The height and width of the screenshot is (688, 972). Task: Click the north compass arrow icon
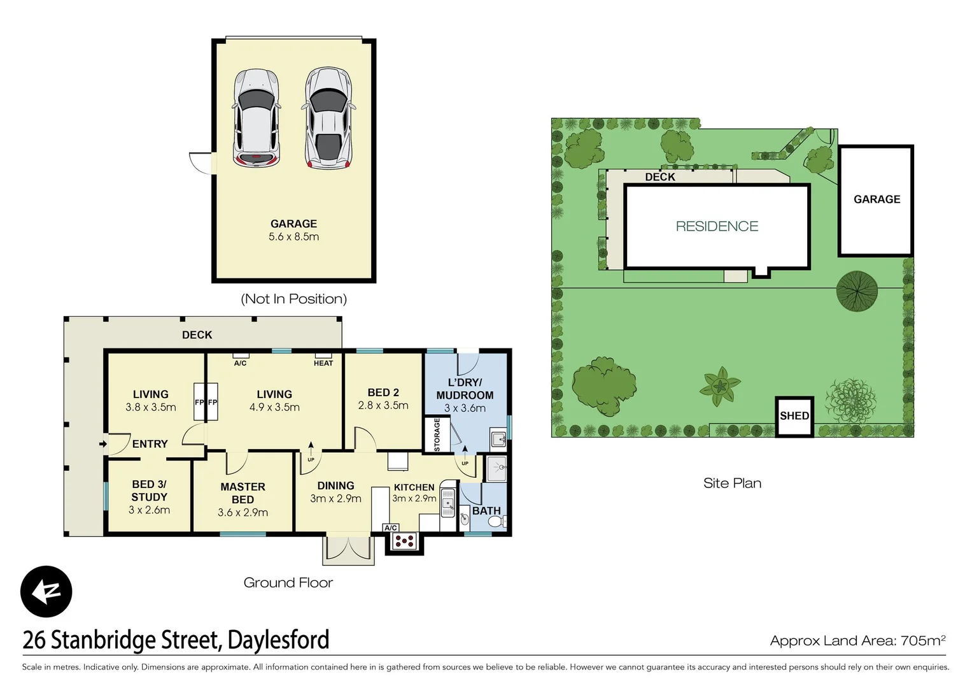(46, 591)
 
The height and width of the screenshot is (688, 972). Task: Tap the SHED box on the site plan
(794, 416)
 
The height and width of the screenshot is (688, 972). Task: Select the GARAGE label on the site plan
(877, 199)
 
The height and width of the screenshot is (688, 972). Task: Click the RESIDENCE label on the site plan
(717, 226)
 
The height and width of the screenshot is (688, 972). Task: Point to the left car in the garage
(256, 118)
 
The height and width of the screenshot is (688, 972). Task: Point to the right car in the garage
(328, 118)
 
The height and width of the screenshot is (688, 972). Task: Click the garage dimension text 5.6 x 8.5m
(293, 237)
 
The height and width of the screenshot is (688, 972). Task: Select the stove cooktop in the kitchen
(404, 541)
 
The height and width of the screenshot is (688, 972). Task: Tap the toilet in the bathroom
(495, 522)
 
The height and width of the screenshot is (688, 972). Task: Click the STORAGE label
(437, 434)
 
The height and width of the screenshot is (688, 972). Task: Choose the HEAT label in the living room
(323, 363)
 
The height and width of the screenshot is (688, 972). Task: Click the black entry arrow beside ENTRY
(103, 444)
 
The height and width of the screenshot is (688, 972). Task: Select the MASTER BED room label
(243, 493)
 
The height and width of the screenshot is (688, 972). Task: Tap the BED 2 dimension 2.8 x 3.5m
(383, 406)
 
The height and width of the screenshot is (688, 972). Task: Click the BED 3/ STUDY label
(149, 491)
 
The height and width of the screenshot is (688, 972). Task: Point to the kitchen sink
(447, 503)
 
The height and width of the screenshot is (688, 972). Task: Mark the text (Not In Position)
(293, 299)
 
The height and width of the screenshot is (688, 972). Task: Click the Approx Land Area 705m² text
(857, 641)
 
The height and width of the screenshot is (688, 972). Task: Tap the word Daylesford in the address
(278, 640)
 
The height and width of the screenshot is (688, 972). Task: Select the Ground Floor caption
(288, 582)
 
